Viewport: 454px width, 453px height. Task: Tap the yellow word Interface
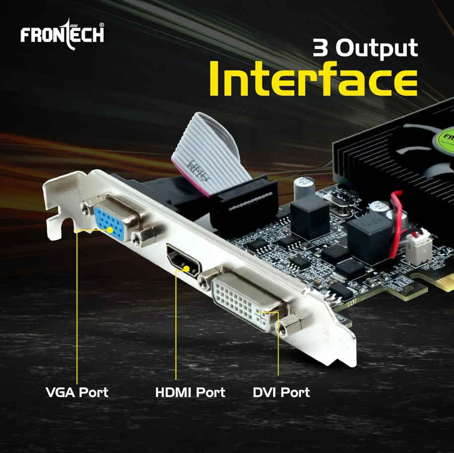pyautogui.click(x=313, y=79)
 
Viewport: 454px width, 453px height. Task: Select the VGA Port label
pyautogui.click(x=77, y=392)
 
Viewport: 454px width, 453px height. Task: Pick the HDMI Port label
pyautogui.click(x=190, y=392)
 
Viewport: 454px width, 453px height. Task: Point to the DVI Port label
pyautogui.click(x=281, y=392)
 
